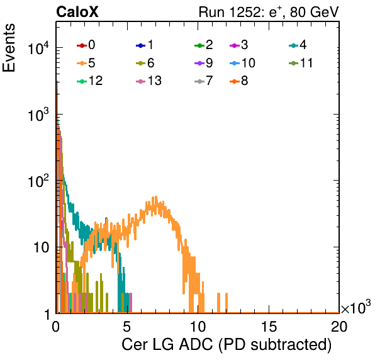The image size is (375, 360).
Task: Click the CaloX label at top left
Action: (x=77, y=12)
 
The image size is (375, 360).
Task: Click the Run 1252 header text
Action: (x=269, y=12)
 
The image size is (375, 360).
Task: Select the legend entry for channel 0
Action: (x=86, y=45)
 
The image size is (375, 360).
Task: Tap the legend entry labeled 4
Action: (x=298, y=45)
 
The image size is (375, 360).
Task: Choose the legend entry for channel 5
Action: (x=86, y=63)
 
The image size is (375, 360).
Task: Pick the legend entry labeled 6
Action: (x=145, y=63)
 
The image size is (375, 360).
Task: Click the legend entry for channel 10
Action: (x=242, y=63)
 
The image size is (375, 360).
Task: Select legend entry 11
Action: (x=301, y=63)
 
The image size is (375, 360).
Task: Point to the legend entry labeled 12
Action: (x=90, y=81)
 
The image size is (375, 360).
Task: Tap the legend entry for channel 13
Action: (x=148, y=81)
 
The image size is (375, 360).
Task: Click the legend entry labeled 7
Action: (x=204, y=81)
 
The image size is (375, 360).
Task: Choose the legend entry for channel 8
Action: (x=239, y=81)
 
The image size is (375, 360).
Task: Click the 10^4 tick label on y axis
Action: (x=39, y=48)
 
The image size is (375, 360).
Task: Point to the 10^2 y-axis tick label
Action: (x=39, y=181)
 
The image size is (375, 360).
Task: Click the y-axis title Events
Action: (x=9, y=48)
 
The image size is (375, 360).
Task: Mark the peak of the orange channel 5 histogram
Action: (x=156, y=197)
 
